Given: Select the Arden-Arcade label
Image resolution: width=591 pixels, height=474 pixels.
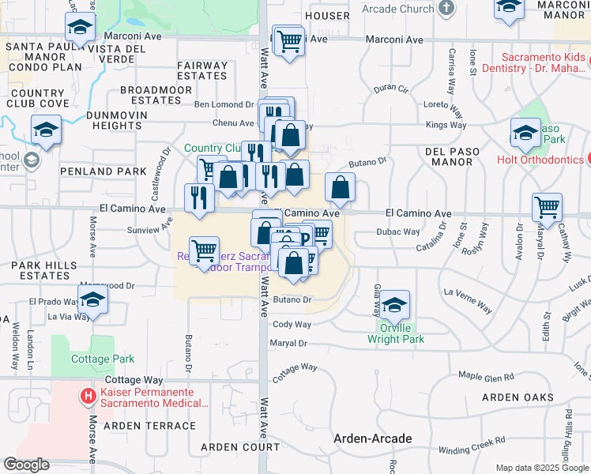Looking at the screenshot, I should pos(372,438).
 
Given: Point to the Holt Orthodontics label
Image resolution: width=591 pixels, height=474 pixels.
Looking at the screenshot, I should pos(540,160).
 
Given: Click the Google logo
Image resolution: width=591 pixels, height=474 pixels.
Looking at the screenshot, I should pos(26,465).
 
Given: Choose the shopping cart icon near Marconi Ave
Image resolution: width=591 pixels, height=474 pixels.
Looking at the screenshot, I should pos(289,41).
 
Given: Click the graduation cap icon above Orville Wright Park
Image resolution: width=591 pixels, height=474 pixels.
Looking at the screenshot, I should pos(393,306).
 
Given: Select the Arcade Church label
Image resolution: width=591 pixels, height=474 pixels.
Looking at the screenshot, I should pos(399,9).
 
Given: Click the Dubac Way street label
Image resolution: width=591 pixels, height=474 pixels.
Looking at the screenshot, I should pos(397,232).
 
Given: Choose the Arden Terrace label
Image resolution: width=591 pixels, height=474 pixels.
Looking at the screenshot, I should pos(149,426).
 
